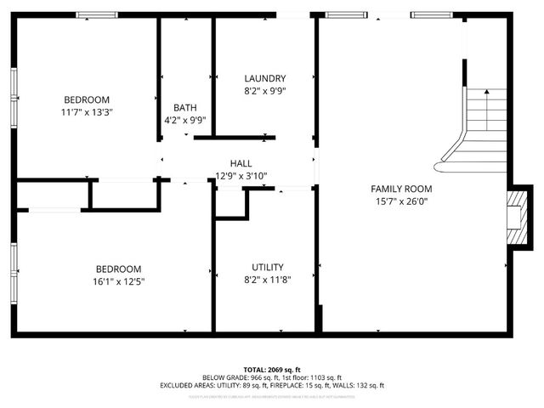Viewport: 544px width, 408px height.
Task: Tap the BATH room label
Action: (185, 107)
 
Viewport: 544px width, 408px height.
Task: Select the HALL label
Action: (241, 163)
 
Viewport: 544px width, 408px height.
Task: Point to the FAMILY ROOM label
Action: (401, 189)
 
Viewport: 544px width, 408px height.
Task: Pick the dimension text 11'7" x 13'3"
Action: (87, 111)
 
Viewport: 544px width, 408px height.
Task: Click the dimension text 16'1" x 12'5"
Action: (119, 281)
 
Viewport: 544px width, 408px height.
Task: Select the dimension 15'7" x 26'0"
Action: (401, 201)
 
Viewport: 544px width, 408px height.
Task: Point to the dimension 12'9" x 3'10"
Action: (241, 176)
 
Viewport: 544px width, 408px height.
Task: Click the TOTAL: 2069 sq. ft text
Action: (272, 370)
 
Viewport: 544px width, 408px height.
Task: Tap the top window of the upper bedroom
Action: (96, 14)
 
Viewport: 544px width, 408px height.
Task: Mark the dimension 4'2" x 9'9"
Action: (185, 120)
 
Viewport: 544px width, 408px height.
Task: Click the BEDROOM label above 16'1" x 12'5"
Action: (119, 269)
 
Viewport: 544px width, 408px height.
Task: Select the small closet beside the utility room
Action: (229, 204)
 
